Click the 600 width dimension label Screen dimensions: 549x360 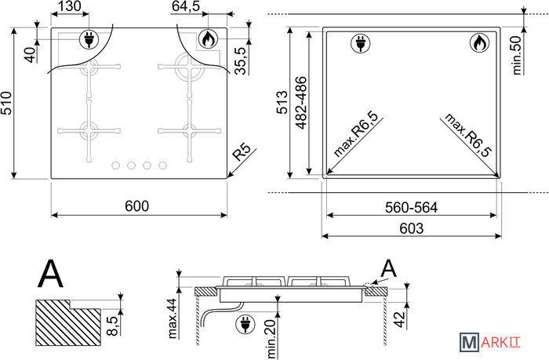(137, 206)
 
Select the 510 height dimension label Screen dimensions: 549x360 (6, 103)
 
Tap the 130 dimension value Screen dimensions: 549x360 (69, 6)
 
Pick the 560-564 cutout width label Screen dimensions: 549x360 (411, 208)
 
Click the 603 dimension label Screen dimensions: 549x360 (412, 228)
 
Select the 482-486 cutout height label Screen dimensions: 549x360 (301, 103)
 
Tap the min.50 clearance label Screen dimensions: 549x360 (517, 56)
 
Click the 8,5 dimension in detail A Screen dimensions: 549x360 (113, 326)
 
